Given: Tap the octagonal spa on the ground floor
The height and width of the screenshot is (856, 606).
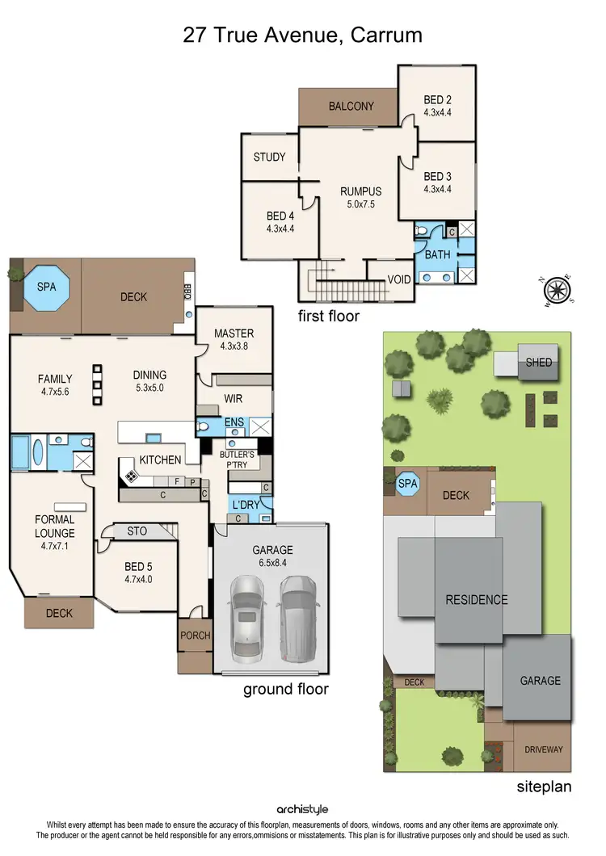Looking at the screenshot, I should click(x=46, y=287).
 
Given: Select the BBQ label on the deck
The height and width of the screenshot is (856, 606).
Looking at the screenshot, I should click(x=187, y=289).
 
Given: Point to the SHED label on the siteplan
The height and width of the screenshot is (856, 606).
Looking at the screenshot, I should click(x=539, y=363).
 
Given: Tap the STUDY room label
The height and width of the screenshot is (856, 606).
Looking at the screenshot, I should click(x=269, y=157).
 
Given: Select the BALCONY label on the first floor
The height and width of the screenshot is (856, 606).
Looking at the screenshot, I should click(x=351, y=106).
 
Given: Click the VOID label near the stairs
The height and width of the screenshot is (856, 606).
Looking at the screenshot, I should click(x=399, y=279).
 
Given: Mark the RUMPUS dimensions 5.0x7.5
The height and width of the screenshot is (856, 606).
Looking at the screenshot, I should click(x=360, y=204).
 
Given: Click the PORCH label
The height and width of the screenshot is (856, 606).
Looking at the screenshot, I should click(x=195, y=636).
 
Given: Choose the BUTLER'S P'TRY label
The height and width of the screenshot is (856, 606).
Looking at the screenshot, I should click(x=238, y=460).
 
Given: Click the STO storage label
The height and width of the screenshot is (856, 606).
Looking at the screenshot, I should click(x=137, y=531).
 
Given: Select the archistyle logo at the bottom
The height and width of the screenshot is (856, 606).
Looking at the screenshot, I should click(x=302, y=809).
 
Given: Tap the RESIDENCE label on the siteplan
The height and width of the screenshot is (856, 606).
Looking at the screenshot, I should click(x=477, y=599).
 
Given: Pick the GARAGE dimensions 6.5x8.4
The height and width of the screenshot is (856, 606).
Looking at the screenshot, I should click(x=271, y=564).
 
